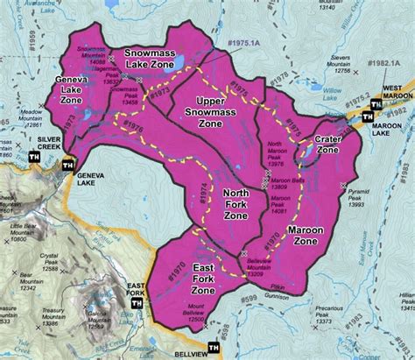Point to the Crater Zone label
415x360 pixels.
[x=330, y=145]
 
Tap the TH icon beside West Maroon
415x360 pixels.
[x=376, y=105]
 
